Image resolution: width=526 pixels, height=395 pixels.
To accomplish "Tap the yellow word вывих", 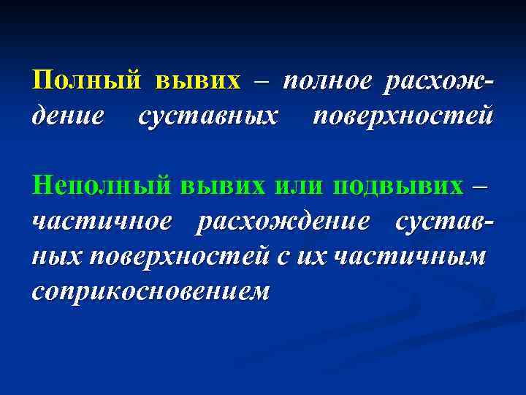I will point(197,80).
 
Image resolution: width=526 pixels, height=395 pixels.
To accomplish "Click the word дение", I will point(69,116).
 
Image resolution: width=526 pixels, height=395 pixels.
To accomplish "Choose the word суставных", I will point(208,116).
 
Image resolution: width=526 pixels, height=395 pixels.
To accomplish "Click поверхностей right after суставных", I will point(403,116).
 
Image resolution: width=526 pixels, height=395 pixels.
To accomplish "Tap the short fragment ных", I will point(58,256).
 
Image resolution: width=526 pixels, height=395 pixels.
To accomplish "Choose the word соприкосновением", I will point(150,291).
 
